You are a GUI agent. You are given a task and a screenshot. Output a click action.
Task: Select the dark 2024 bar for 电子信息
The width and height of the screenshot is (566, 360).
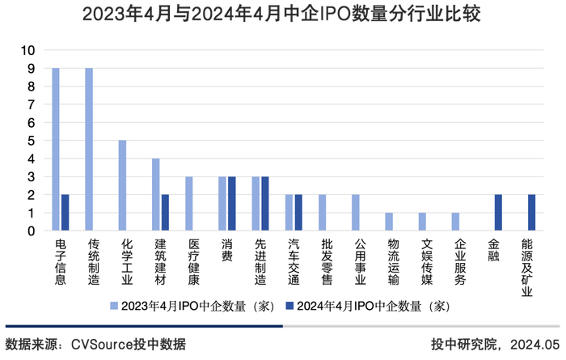click(x=65, y=213)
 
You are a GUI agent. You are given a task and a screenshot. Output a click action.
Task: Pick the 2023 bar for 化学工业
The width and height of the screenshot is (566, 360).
click(x=122, y=186)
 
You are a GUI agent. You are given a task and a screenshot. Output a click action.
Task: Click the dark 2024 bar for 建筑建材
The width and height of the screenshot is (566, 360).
click(x=165, y=213)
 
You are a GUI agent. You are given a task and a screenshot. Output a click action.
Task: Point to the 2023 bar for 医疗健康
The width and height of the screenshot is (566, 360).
click(x=189, y=204)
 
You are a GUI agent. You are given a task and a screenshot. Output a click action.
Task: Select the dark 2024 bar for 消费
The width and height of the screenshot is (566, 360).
click(x=232, y=204)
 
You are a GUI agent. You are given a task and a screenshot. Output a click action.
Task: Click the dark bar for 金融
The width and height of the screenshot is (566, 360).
click(x=498, y=213)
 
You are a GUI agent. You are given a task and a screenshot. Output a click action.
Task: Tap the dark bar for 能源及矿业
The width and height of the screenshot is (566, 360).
click(x=531, y=213)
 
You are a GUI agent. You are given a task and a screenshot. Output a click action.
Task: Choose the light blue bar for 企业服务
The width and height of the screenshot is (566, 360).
click(x=455, y=222)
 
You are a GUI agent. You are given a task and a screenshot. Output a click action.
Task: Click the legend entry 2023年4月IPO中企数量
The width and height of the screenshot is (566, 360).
click(x=194, y=307)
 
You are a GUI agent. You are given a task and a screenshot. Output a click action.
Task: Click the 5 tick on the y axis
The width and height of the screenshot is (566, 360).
click(x=32, y=141)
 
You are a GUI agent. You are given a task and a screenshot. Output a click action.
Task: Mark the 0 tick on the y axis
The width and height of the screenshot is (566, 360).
click(x=32, y=231)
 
